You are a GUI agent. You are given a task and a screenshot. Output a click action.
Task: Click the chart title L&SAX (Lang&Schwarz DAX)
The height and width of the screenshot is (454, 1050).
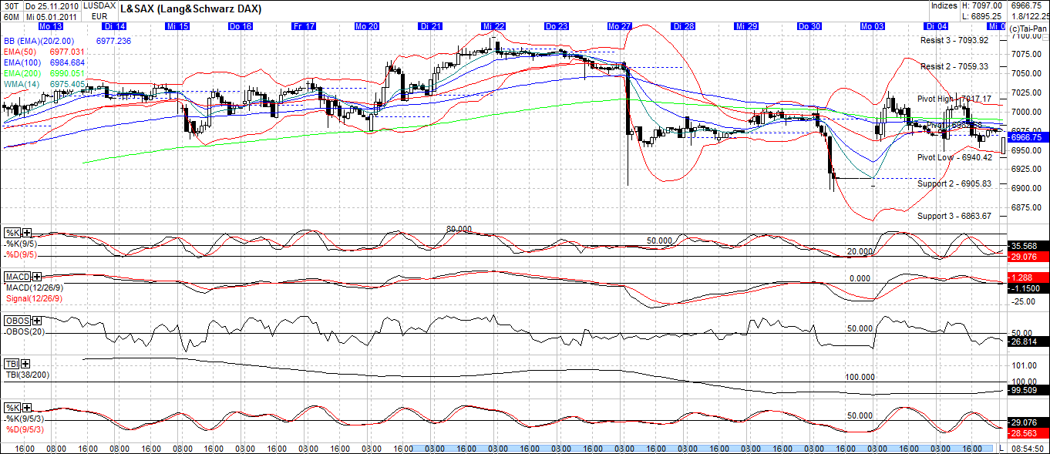coord(190,9)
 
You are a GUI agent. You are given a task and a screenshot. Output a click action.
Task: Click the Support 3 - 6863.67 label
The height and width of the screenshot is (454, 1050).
coord(954,216)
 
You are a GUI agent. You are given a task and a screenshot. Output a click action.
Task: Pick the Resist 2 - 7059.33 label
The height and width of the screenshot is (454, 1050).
coord(954,67)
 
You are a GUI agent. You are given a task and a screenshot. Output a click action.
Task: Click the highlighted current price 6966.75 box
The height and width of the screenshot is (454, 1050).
coord(1025,136)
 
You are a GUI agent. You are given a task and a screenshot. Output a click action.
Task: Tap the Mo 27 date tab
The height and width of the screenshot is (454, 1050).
coord(619,26)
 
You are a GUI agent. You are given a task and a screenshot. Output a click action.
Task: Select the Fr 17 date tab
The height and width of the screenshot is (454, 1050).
coord(304,26)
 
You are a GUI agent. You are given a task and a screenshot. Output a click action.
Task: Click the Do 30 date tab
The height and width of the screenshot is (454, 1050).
coord(809,26)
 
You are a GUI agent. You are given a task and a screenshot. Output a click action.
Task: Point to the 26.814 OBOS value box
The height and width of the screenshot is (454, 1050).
coord(1025,341)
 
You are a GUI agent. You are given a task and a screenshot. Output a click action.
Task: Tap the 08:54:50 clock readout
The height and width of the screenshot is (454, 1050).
coord(1027,448)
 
